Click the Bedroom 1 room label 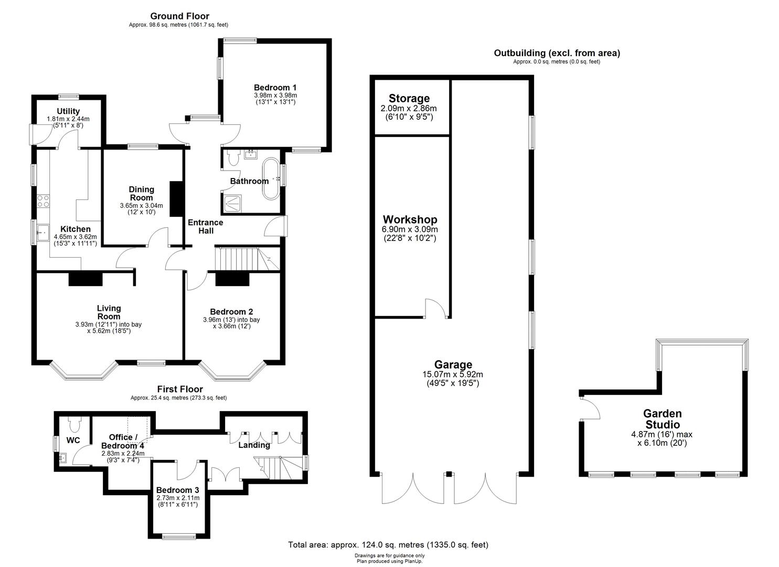275,87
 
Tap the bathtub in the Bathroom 271,178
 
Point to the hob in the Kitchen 42,201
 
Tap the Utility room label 68,111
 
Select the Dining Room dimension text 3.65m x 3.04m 141,206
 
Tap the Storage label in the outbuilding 409,99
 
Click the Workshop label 410,219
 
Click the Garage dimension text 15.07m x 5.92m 453,374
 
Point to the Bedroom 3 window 179,536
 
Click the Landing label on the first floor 254,445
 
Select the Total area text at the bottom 388,545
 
